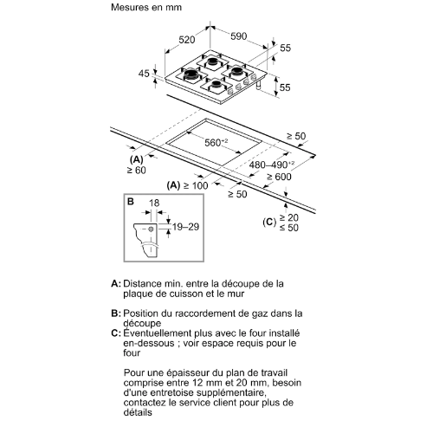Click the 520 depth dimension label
click(x=187, y=40)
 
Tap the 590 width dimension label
click(x=239, y=36)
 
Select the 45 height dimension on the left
click(x=144, y=74)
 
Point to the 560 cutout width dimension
click(x=216, y=142)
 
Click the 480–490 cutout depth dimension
click(x=272, y=165)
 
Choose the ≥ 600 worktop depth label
click(x=279, y=177)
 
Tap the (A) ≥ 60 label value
click(x=137, y=171)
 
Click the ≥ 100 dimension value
click(x=196, y=185)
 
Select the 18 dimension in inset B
click(x=154, y=203)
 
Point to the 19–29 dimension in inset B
click(x=186, y=227)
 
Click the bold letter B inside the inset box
click(x=131, y=201)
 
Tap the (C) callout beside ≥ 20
click(x=269, y=222)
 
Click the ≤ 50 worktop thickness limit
click(x=289, y=228)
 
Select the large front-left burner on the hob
click(x=191, y=74)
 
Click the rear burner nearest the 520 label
click(x=213, y=61)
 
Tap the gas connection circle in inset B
click(x=151, y=229)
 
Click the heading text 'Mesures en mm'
click(x=146, y=7)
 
